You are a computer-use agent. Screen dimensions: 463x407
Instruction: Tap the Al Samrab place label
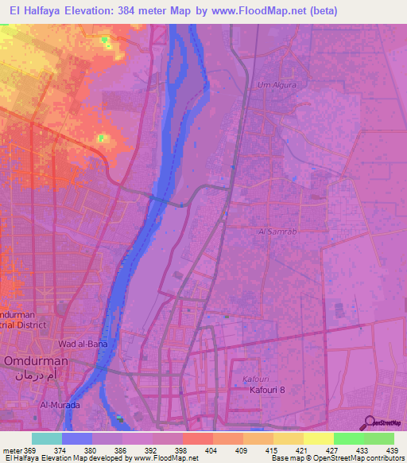(x=277, y=231)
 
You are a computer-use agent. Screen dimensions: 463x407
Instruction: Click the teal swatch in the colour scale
(x=47, y=438)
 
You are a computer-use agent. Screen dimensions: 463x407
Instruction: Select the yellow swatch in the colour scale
(x=318, y=438)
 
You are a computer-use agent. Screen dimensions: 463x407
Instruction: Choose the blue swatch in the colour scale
(x=77, y=438)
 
